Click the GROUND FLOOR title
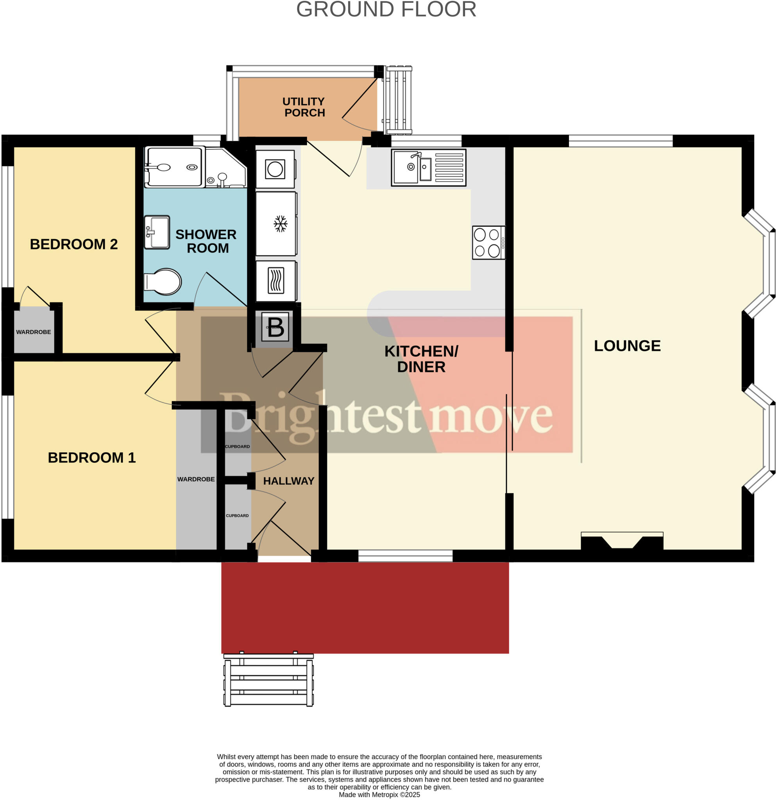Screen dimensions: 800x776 click(386, 9)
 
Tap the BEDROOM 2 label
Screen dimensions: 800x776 click(74, 244)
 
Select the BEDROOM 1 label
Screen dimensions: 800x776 click(91, 457)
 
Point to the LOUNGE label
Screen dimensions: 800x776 click(627, 346)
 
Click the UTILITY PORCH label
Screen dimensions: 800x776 click(304, 107)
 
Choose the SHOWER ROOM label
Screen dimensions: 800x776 click(206, 241)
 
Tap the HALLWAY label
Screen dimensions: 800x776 click(289, 481)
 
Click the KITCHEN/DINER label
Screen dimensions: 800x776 click(421, 359)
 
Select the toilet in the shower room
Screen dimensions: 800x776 click(163, 281)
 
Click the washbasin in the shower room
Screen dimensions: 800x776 click(157, 232)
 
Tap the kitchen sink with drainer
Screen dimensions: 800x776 click(428, 167)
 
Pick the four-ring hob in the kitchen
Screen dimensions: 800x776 click(488, 243)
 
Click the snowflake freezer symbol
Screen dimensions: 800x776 click(280, 224)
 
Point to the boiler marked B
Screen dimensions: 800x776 click(275, 327)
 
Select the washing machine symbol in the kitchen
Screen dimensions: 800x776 click(275, 169)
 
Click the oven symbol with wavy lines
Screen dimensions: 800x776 click(276, 281)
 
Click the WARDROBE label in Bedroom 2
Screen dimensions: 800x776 click(34, 332)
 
